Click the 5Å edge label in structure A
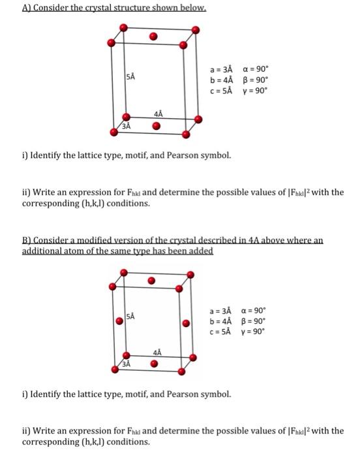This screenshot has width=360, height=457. point(130,77)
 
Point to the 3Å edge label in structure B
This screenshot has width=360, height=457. point(127,365)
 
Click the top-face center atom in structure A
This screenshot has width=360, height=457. point(153,37)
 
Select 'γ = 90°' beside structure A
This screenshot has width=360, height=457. point(254,90)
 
